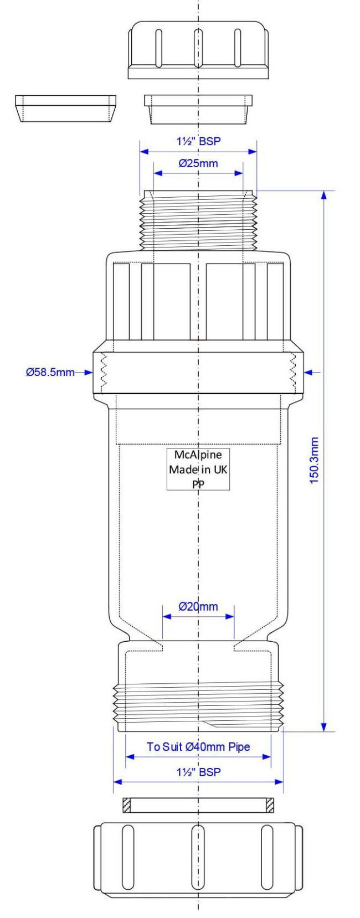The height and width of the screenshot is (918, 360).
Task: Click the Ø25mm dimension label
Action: (x=198, y=163)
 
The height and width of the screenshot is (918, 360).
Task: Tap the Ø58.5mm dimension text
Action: (x=50, y=372)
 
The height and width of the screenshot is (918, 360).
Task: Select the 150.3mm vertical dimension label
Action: (x=315, y=460)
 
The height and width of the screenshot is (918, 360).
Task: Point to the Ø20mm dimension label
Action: (x=198, y=606)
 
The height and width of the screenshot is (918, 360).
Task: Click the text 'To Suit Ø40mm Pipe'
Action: (x=198, y=747)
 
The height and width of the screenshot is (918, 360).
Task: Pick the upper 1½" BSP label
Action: (x=198, y=141)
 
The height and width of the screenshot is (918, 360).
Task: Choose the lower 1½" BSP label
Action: (x=198, y=772)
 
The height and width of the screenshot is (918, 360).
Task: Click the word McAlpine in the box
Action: (x=198, y=455)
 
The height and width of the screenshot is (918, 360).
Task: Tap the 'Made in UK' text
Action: (x=198, y=470)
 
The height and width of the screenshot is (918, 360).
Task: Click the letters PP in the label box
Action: (x=198, y=483)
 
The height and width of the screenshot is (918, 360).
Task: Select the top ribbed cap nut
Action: (x=198, y=50)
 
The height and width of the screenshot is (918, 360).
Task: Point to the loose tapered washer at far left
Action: (x=65, y=108)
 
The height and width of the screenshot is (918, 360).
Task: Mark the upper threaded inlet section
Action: (x=198, y=220)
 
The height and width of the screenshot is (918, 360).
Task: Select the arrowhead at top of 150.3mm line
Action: (x=324, y=195)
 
